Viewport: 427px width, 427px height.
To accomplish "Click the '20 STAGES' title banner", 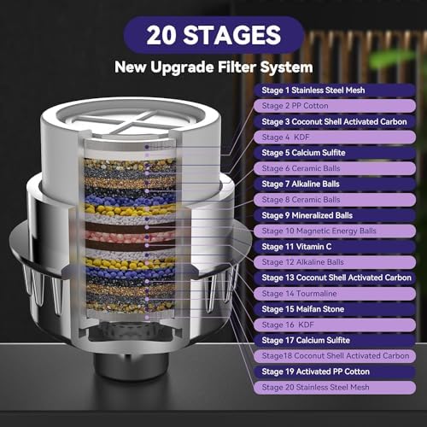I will [213, 36].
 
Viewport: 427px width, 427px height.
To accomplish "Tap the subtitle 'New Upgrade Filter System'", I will [213, 67].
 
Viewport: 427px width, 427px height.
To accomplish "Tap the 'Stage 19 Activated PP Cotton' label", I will [325, 371].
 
